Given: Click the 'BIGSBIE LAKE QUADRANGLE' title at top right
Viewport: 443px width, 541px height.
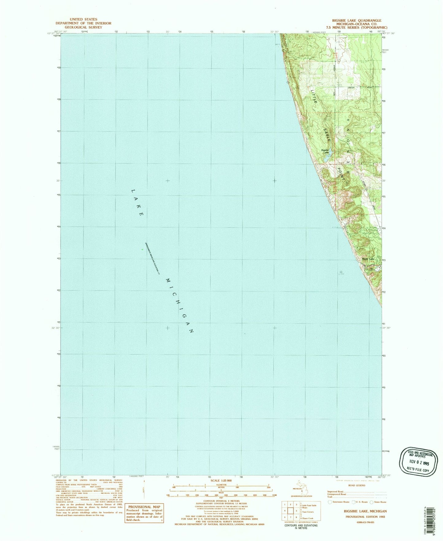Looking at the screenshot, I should pos(357,20).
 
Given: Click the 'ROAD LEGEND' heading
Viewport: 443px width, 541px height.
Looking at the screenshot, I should pos(357,485).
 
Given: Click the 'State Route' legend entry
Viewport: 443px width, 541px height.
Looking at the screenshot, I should pos(380,502).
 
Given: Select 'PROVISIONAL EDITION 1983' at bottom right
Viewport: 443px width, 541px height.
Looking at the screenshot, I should pos(361,517).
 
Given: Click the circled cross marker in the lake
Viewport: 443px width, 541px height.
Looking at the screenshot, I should pos(341,272).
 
